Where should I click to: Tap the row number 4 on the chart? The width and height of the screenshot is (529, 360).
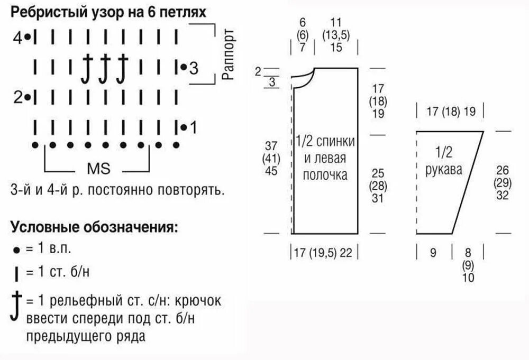(18, 38)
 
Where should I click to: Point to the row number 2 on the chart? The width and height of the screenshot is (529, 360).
(18, 97)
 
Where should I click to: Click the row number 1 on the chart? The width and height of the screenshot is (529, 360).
(193, 127)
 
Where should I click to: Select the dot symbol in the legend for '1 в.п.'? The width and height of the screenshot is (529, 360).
(17, 249)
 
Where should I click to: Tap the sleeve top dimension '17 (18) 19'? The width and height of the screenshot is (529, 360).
(451, 112)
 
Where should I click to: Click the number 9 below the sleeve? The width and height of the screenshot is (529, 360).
(433, 253)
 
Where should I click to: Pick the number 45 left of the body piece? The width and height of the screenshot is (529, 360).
(270, 171)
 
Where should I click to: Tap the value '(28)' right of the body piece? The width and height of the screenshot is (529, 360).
(378, 185)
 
